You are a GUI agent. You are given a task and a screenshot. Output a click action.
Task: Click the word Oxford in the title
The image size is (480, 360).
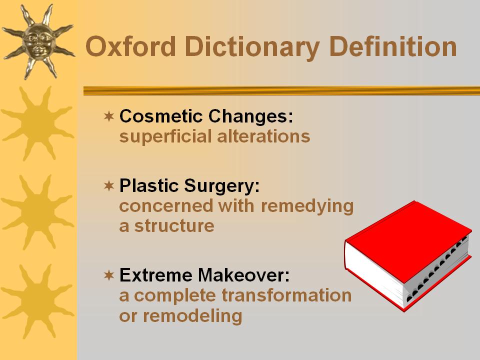coord(130,46)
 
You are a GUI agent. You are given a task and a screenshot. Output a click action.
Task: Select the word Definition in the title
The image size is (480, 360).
coord(393,46)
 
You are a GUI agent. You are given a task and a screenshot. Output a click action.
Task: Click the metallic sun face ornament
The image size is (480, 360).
coord(38,41)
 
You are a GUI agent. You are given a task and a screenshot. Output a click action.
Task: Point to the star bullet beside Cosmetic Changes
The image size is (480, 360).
coord(109,116)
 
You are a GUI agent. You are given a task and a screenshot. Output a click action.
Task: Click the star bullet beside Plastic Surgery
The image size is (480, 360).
coord(109,185)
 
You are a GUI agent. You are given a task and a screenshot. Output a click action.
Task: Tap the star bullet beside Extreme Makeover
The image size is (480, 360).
coord(109,275)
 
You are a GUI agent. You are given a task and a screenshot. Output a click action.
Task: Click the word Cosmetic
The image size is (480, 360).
coord(161,116)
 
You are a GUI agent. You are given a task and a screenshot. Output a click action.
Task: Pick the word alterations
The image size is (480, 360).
coord(263,136)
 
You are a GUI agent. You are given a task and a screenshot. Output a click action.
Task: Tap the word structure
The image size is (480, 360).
coord(174,226)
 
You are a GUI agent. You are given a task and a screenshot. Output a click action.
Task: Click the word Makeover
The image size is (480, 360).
coord(243,275)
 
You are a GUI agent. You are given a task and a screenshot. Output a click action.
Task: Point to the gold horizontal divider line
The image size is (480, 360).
coord(281,91)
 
